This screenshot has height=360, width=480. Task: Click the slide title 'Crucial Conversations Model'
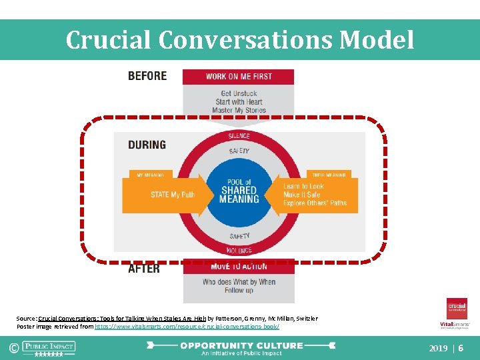pyautogui.click(x=240, y=40)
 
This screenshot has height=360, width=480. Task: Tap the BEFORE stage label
pyautogui.click(x=147, y=76)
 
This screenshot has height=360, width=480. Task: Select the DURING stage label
pyautogui.click(x=147, y=145)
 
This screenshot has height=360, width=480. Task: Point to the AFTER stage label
pyautogui.click(x=144, y=268)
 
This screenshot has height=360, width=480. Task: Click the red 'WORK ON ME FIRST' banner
pyautogui.click(x=239, y=77)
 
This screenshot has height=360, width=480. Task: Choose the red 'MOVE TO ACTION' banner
pyautogui.click(x=239, y=267)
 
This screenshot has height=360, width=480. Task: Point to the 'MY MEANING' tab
pyautogui.click(x=151, y=175)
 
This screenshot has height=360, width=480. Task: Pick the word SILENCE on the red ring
pyautogui.click(x=239, y=136)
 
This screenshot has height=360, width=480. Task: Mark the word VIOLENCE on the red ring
pyautogui.click(x=239, y=251)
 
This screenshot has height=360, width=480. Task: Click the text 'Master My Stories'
pyautogui.click(x=240, y=111)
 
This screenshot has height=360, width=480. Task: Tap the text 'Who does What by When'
pyautogui.click(x=239, y=282)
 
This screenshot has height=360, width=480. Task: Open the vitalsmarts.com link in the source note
pyautogui.click(x=187, y=327)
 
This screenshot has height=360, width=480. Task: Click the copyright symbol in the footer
pyautogui.click(x=12, y=348)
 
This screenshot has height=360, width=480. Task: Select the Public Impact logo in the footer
pyautogui.click(x=49, y=348)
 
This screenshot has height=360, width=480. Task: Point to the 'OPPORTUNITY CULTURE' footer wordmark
pyautogui.click(x=241, y=346)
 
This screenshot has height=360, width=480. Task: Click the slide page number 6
pyautogui.click(x=461, y=348)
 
